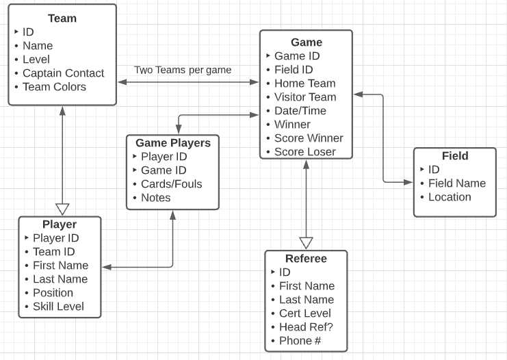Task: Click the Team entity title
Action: (62, 18)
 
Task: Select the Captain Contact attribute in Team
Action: (63, 73)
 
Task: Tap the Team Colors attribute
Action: (54, 87)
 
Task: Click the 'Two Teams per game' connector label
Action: (183, 70)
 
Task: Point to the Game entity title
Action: (306, 42)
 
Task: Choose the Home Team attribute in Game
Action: (304, 83)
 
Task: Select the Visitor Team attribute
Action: (305, 97)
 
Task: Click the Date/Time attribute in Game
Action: (300, 111)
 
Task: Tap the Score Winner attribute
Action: (309, 138)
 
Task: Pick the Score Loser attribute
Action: (305, 152)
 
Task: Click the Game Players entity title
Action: (172, 143)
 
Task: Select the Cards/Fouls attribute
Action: (171, 184)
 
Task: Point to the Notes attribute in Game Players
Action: (155, 198)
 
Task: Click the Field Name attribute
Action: (456, 183)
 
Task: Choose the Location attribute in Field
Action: (450, 197)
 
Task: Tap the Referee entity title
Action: (306, 259)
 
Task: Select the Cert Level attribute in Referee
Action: (304, 313)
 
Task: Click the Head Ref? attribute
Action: (306, 327)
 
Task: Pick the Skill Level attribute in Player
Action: (58, 307)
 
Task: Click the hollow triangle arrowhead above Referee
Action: (306, 243)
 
